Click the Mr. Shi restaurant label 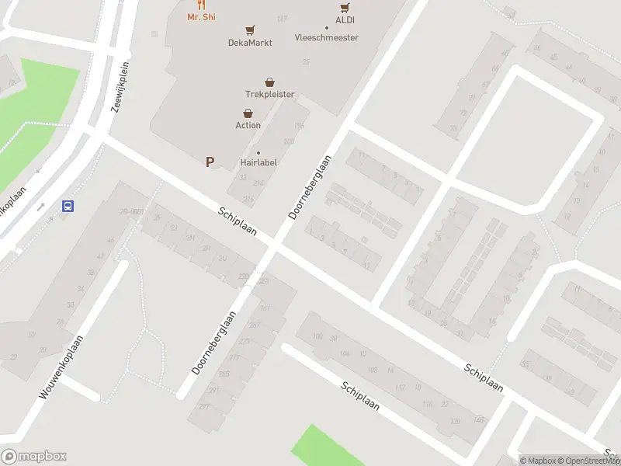[201, 16]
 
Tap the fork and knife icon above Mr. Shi [201, 5]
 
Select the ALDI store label [345, 20]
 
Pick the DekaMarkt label [250, 43]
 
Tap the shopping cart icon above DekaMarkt [250, 31]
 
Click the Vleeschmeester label [327, 37]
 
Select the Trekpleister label [269, 94]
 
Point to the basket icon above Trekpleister [269, 82]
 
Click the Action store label [248, 125]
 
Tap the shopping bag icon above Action [248, 113]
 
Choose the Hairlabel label [258, 162]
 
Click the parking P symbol [209, 162]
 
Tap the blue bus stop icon [68, 207]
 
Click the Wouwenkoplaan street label [61, 362]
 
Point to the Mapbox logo [34, 457]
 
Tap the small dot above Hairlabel [258, 152]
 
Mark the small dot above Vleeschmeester [327, 27]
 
